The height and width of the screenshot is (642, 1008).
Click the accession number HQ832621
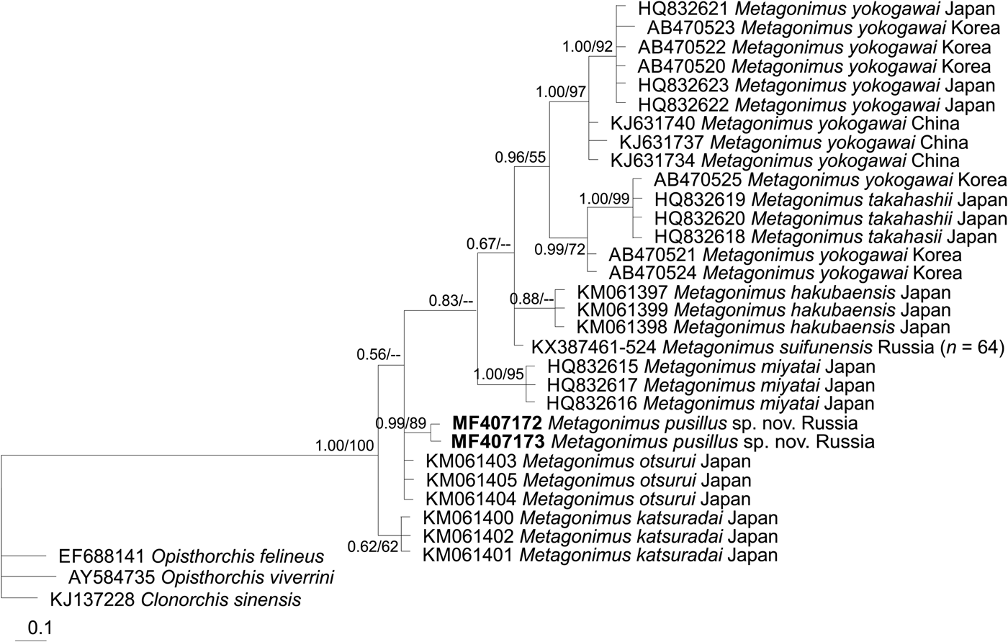(680, 10)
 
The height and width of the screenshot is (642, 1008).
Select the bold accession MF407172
(497, 422)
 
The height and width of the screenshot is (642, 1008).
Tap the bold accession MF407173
(498, 441)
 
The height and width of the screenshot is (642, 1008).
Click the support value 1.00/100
(344, 446)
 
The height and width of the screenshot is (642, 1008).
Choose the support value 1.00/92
(588, 48)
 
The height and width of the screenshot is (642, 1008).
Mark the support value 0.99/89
(401, 422)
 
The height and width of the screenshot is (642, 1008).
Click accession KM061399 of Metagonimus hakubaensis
(622, 310)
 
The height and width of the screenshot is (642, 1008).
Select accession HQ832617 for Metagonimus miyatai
(593, 386)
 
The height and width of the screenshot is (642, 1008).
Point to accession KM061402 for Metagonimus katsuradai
(468, 537)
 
